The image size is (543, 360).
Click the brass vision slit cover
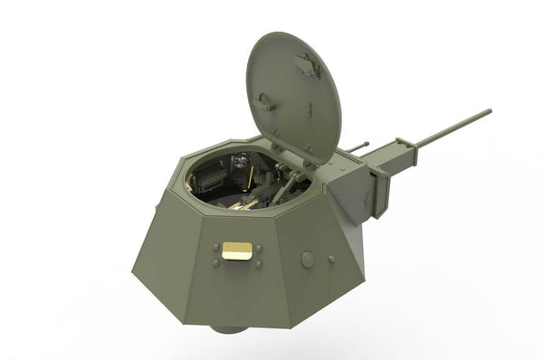pos(237,251)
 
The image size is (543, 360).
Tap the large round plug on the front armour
pos(308,260)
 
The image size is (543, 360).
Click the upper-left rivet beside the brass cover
pos(216,246)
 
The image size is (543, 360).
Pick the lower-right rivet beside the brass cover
pos(259,263)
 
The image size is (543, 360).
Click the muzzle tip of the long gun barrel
pos(490,111)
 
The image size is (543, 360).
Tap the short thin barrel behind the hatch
pos(358,144)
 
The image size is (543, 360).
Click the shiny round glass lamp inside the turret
pos(239,160)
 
